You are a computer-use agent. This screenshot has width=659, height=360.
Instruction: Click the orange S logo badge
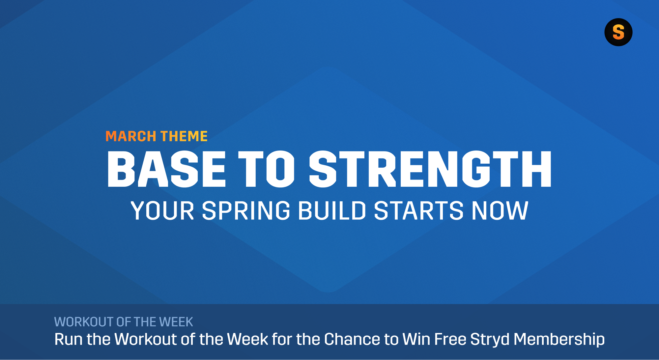[x=618, y=32]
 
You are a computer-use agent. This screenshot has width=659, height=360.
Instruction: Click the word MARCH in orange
[x=131, y=136]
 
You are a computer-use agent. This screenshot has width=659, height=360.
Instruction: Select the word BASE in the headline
[x=166, y=169]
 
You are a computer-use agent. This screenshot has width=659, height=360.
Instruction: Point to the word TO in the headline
[x=266, y=169]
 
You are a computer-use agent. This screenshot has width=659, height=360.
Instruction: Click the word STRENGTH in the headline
[x=430, y=169]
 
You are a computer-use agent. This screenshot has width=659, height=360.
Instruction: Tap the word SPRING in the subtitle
[x=246, y=211]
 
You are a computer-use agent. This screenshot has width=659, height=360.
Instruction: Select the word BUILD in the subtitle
[x=332, y=211]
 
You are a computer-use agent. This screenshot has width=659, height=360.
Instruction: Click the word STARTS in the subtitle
[x=419, y=211]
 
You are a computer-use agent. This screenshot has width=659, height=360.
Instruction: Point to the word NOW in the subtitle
[x=500, y=211]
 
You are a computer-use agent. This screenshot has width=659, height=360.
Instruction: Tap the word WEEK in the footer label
[x=176, y=322]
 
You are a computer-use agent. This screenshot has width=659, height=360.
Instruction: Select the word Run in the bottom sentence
[x=68, y=339]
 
